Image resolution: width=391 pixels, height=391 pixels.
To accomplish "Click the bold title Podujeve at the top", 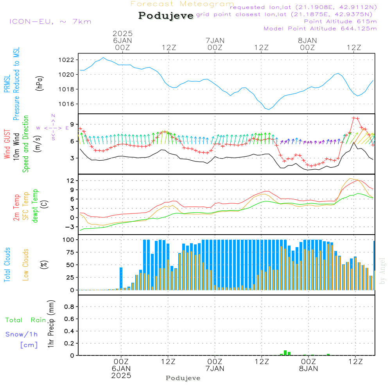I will click(x=166, y=16).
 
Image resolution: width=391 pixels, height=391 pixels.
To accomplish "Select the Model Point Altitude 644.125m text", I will click(x=320, y=29).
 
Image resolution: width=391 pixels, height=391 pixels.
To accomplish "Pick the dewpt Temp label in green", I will click(x=35, y=206).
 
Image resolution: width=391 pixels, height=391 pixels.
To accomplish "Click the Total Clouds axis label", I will click(x=7, y=265).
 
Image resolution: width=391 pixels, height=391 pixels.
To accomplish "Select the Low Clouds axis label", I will click(x=26, y=265).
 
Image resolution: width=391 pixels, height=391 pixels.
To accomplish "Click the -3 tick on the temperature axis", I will click(x=71, y=227).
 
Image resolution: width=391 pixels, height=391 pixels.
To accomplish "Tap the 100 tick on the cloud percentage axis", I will click(x=69, y=240).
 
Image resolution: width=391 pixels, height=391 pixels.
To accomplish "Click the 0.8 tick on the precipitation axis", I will click(x=69, y=307).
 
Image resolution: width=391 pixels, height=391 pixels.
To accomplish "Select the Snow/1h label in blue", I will click(x=22, y=334).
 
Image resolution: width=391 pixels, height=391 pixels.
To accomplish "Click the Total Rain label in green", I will click(x=26, y=320).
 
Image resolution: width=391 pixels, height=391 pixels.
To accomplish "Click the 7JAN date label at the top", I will click(x=215, y=40).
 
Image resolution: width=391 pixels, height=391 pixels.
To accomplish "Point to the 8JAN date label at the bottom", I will click(x=308, y=369).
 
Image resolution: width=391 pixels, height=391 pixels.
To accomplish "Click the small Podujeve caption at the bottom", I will click(x=183, y=378).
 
